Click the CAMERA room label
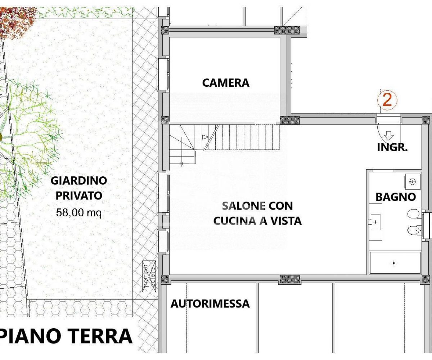(x=226, y=83)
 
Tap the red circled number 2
(x=387, y=100)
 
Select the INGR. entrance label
(x=392, y=148)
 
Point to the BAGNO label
(x=396, y=197)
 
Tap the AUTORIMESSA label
(x=210, y=304)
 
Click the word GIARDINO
(x=79, y=181)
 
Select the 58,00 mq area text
(x=79, y=212)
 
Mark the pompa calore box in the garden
(x=149, y=276)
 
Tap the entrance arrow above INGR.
(x=389, y=135)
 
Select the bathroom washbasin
(x=375, y=222)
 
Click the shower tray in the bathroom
(x=395, y=263)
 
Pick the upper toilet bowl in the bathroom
(x=414, y=213)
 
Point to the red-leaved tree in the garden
(x=17, y=20)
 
